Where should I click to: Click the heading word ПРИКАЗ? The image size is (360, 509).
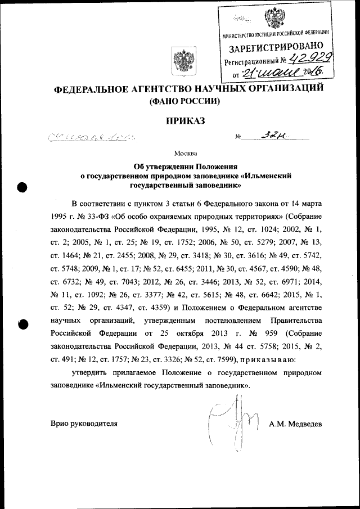coord(184,120)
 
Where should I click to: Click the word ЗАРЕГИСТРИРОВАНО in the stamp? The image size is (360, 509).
coord(276,48)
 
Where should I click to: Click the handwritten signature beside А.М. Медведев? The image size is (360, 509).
coord(232,418)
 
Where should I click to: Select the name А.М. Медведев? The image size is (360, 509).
coord(295,424)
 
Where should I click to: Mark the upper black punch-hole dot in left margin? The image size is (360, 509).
coord(22,188)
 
